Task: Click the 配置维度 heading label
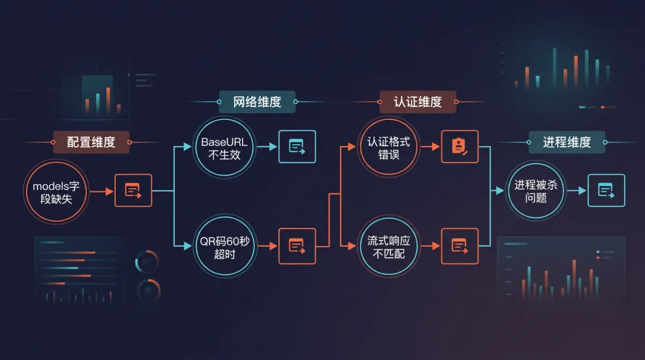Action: point(91,142)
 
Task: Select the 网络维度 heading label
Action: point(257,101)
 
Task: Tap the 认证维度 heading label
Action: point(417,101)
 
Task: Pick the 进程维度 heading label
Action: point(567,142)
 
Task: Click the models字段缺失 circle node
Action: point(56,192)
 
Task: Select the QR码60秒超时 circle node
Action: point(225,248)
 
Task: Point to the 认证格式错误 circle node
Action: point(388,147)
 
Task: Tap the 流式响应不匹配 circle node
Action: point(388,247)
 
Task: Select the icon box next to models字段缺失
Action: point(133,191)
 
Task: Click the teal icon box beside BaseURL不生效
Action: point(297,147)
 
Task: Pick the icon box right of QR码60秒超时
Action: point(297,245)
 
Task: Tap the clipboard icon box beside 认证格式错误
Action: point(460,147)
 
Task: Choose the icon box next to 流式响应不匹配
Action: point(460,245)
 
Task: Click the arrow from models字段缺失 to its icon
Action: point(102,192)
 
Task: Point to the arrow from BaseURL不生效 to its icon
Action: point(266,147)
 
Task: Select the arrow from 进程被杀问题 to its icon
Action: point(576,191)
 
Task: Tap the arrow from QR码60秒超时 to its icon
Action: point(267,246)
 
